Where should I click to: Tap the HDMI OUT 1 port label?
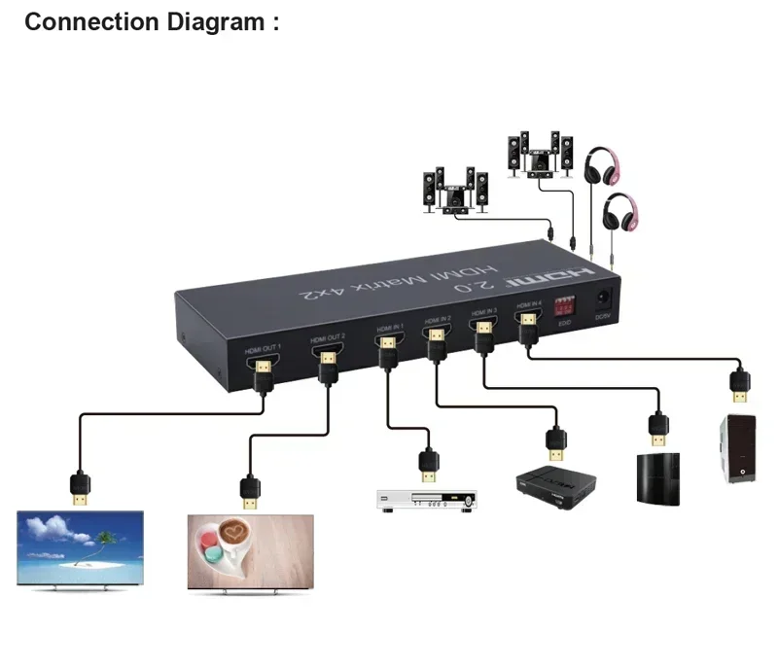click(263, 347)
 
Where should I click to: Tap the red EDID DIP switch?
click(563, 304)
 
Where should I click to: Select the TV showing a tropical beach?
click(80, 550)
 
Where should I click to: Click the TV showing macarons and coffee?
click(250, 551)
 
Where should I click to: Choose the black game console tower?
click(657, 478)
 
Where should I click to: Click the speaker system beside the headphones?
click(536, 155)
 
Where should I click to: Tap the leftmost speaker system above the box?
click(454, 191)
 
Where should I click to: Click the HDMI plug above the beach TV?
click(80, 487)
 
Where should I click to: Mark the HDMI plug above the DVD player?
click(427, 464)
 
